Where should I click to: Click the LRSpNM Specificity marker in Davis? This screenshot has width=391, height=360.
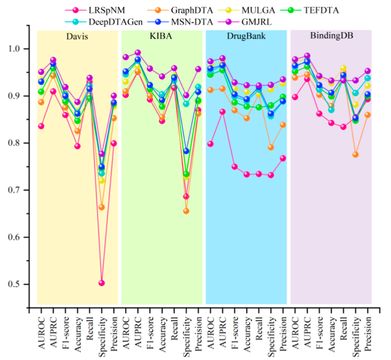pyautogui.click(x=102, y=283)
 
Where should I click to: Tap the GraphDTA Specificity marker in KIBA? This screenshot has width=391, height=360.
pyautogui.click(x=186, y=211)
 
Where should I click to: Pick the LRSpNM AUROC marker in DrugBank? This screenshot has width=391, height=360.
pyautogui.click(x=210, y=144)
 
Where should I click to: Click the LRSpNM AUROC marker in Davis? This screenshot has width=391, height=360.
pyautogui.click(x=41, y=126)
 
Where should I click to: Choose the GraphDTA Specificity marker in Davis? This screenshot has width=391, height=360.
pyautogui.click(x=102, y=207)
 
